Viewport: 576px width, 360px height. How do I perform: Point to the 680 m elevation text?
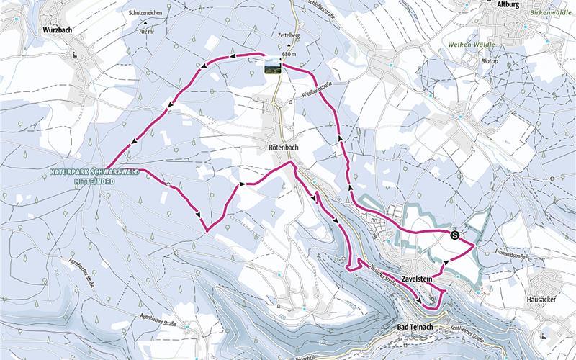tap(289, 54)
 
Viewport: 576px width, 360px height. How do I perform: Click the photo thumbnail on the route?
tap(271, 66)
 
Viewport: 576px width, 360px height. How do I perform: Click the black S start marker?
tap(455, 235)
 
